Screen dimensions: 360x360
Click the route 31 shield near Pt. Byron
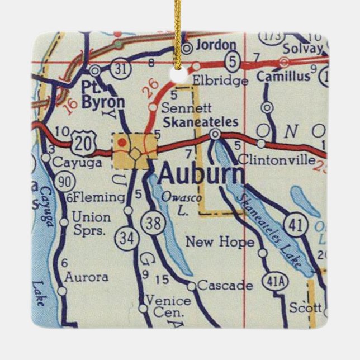(120, 68)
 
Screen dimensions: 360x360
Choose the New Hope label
(219, 242)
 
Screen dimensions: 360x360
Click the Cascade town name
(225, 286)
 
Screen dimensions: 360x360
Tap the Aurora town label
(86, 277)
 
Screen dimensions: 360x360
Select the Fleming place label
(98, 197)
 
